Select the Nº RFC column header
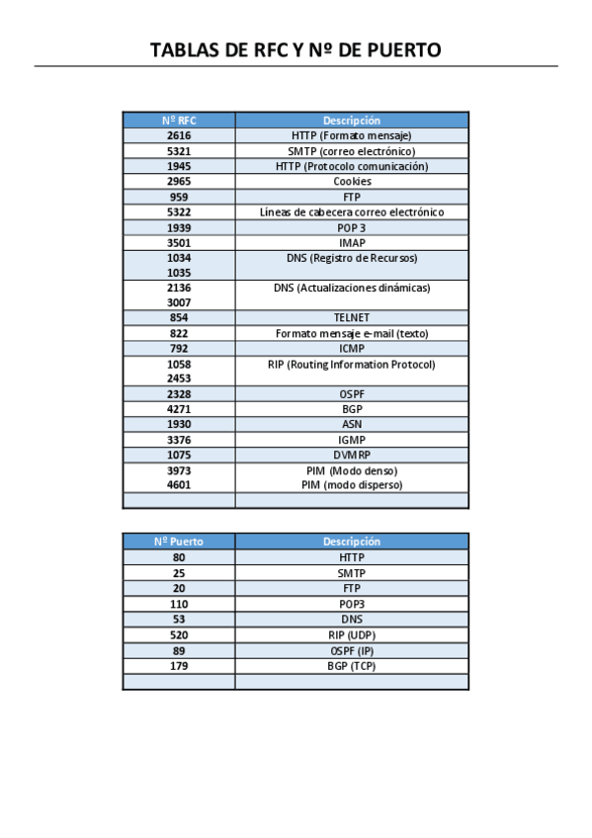(x=179, y=121)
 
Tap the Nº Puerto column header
(x=179, y=542)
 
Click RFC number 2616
(x=179, y=135)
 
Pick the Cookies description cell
(x=352, y=182)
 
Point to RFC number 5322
(x=179, y=212)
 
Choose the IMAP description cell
(x=352, y=242)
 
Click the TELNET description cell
(x=352, y=318)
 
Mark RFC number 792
(x=179, y=349)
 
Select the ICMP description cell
(x=352, y=349)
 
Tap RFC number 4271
(x=179, y=409)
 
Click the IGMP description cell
(x=352, y=440)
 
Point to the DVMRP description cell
(x=352, y=455)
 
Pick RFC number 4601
(x=179, y=485)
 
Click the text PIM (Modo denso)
(x=352, y=470)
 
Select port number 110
(x=179, y=604)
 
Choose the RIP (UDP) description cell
(x=352, y=635)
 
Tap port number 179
(x=179, y=666)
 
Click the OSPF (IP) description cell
(x=352, y=650)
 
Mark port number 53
(x=179, y=620)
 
